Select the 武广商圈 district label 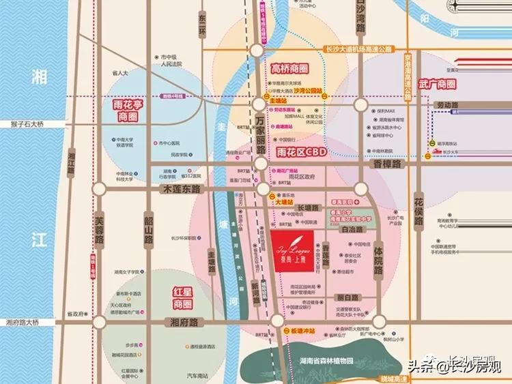pyautogui.click(x=437, y=84)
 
